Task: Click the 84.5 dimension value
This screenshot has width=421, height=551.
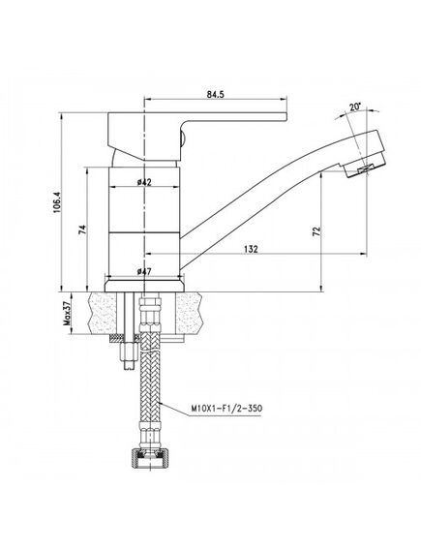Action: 215,95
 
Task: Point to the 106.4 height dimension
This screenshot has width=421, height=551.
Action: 57,202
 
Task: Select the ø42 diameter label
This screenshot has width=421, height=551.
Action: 144,182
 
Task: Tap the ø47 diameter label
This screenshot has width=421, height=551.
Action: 144,271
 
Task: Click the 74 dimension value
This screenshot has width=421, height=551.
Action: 82,230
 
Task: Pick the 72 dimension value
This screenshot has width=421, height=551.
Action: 316,230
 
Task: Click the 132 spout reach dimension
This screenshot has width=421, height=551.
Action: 251,249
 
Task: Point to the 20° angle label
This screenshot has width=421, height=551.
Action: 355,107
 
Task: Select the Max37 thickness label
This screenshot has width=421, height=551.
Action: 67,313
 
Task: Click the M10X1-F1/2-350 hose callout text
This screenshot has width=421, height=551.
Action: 226,409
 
